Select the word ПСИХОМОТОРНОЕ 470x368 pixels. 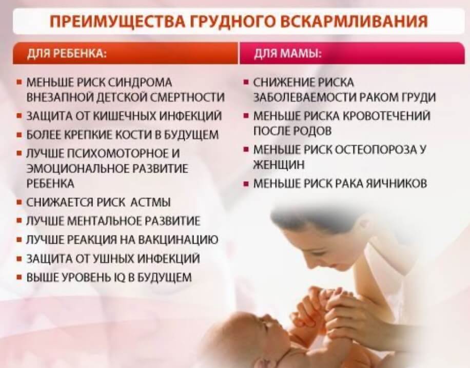(x=114, y=153)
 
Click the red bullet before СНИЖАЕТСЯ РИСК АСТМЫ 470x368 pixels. (x=19, y=203)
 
